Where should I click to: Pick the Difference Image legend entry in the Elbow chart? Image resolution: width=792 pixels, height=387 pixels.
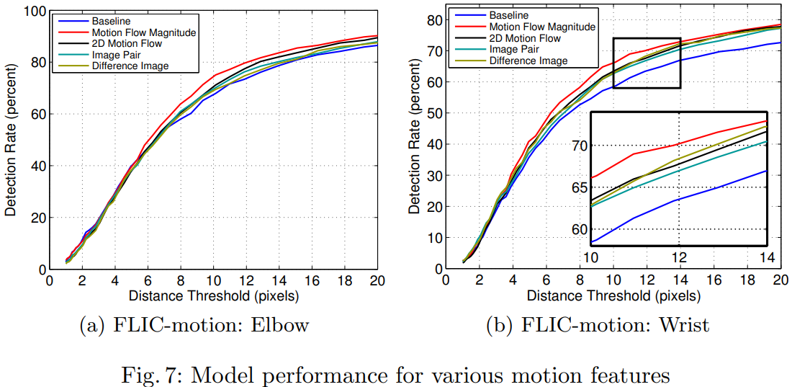point(130,66)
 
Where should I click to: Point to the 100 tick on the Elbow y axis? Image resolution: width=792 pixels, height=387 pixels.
point(33,11)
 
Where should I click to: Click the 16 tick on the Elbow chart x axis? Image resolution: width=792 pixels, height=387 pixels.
point(312,281)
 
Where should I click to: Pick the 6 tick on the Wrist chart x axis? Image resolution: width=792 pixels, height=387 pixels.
point(546,281)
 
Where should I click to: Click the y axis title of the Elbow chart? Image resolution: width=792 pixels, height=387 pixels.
point(12,141)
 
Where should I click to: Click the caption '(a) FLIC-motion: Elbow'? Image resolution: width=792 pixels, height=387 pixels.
point(193,325)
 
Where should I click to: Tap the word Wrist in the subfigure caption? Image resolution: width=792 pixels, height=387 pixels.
point(683,325)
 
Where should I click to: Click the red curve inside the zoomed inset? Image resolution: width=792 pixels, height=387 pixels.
point(677,144)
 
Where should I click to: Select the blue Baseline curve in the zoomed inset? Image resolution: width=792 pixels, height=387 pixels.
point(677,200)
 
